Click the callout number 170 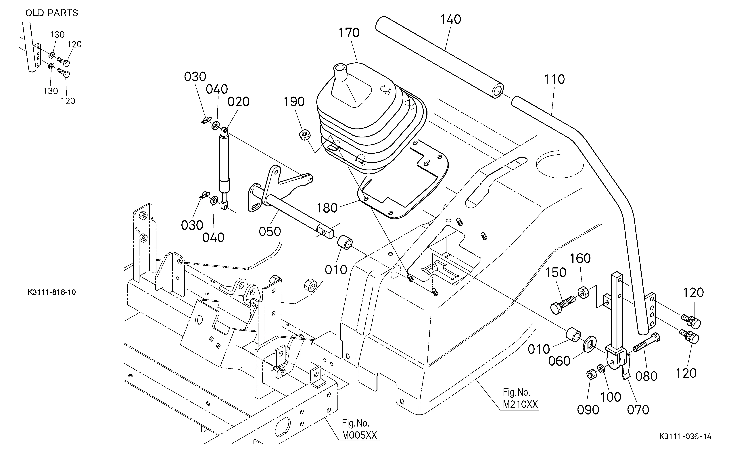tap(349, 33)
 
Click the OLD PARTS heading tap(52, 13)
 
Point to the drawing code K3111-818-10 tap(52, 292)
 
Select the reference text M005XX tap(359, 435)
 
